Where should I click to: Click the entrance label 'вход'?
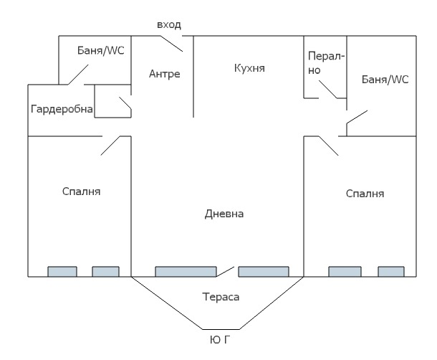(x=169, y=25)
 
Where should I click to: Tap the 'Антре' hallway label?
(x=164, y=74)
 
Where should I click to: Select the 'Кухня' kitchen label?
(x=249, y=68)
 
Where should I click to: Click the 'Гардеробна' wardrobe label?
(x=62, y=109)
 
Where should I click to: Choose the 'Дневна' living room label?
(x=224, y=214)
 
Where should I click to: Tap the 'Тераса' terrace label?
(x=220, y=296)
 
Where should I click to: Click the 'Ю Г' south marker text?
(x=219, y=338)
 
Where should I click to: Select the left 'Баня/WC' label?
(x=101, y=52)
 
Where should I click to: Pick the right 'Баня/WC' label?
(x=385, y=80)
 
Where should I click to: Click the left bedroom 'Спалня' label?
(x=81, y=191)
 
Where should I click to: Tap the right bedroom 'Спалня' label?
(x=365, y=194)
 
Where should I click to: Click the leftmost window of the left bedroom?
(x=62, y=272)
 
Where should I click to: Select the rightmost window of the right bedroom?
(x=391, y=272)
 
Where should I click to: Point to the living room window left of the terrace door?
(x=186, y=272)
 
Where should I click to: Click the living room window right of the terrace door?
(x=267, y=272)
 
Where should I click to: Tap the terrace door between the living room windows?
(x=226, y=270)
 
